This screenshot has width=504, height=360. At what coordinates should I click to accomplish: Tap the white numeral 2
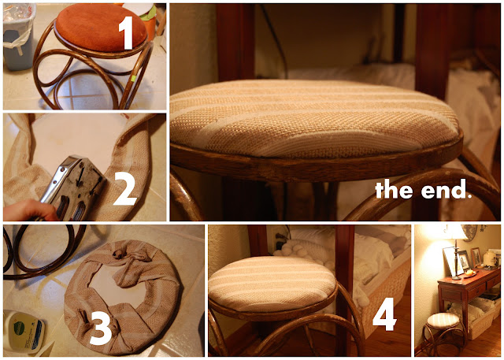pyautogui.click(x=126, y=189)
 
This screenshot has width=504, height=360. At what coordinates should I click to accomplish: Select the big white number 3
pyautogui.click(x=101, y=328)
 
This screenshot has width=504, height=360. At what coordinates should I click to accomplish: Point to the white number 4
pyautogui.click(x=384, y=314)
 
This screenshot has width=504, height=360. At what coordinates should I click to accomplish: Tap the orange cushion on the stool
pyautogui.click(x=102, y=28)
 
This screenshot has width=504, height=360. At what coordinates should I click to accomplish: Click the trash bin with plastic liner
pyautogui.click(x=19, y=36)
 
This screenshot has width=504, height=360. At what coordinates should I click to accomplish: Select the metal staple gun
pyautogui.click(x=74, y=188)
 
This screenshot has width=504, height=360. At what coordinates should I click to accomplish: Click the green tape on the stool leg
pyautogui.click(x=132, y=78)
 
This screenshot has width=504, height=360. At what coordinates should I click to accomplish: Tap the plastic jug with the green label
pyautogui.click(x=24, y=331)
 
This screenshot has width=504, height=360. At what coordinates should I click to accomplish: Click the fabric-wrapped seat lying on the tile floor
pyautogui.click(x=121, y=297)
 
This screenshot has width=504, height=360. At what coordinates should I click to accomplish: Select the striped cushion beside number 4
pyautogui.click(x=271, y=284)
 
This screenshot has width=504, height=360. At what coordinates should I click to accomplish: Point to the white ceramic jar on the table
pyautogui.click(x=490, y=258)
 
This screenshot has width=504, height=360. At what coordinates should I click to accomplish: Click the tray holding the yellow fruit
pyautogui.click(x=470, y=275)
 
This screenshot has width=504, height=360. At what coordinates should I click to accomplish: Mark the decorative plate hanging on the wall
pyautogui.click(x=471, y=233)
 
